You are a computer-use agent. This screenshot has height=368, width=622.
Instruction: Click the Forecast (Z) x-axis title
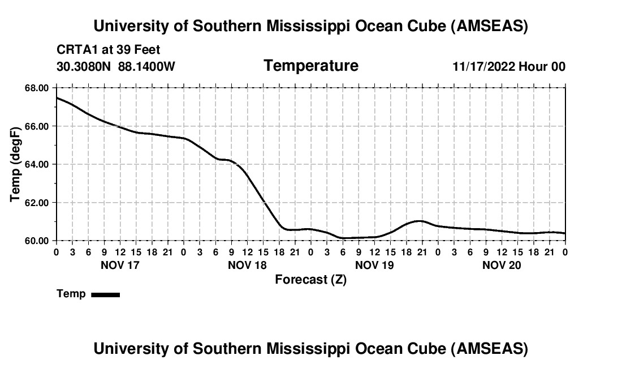[x=310, y=279]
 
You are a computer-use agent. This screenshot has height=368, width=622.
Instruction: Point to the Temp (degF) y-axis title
[x=15, y=164]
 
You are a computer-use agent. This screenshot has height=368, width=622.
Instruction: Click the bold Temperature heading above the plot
[x=311, y=66]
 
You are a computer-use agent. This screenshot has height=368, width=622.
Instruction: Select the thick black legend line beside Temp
[x=105, y=294]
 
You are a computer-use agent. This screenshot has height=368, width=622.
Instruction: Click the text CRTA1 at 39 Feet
[x=109, y=50]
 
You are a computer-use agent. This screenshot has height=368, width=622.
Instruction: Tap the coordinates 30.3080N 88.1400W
[x=116, y=66]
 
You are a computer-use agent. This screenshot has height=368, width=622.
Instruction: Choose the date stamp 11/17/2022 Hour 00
[x=509, y=66]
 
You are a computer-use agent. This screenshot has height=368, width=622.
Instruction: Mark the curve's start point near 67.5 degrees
[x=57, y=98]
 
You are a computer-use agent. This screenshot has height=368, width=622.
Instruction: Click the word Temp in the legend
[x=71, y=294]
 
